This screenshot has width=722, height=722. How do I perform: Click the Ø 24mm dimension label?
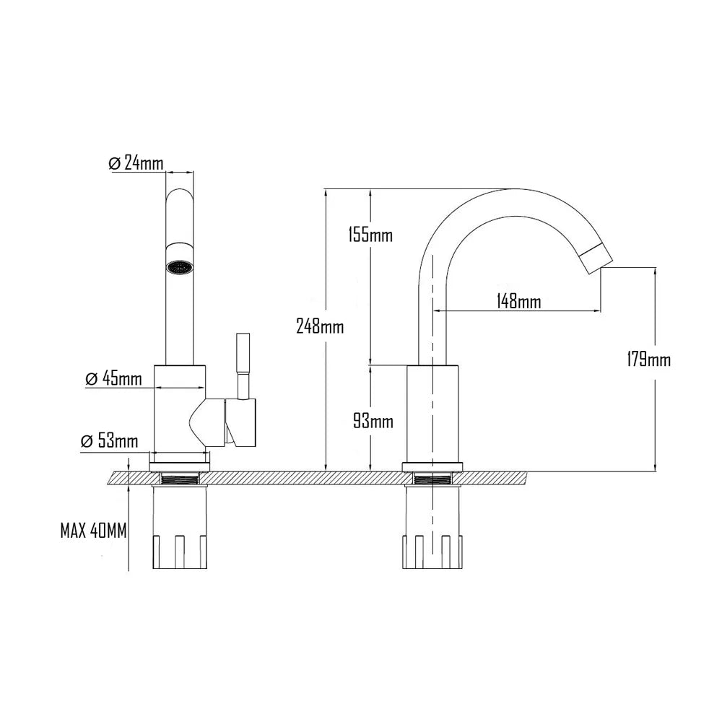click(136, 163)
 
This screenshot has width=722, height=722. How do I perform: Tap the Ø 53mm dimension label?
click(108, 441)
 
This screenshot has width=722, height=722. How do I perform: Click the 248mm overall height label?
click(320, 326)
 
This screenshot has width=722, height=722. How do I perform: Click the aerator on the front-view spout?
click(180, 267)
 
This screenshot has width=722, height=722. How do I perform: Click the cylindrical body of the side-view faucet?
click(432, 412)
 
